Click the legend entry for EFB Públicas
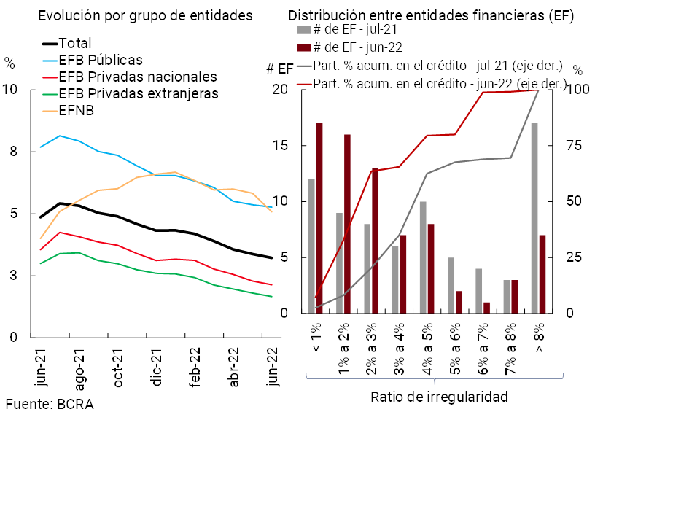click(101, 60)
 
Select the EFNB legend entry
click(77, 110)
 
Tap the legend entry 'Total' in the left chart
click(75, 44)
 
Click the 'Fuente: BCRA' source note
click(50, 404)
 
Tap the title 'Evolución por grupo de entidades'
click(145, 15)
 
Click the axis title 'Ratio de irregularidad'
click(439, 397)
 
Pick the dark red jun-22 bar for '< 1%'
click(319, 218)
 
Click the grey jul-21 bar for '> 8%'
click(534, 218)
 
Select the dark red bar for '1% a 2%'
click(347, 224)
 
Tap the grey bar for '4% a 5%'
click(423, 257)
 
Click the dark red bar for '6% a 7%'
click(486, 308)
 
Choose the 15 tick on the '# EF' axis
click(281, 146)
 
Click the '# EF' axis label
click(280, 69)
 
